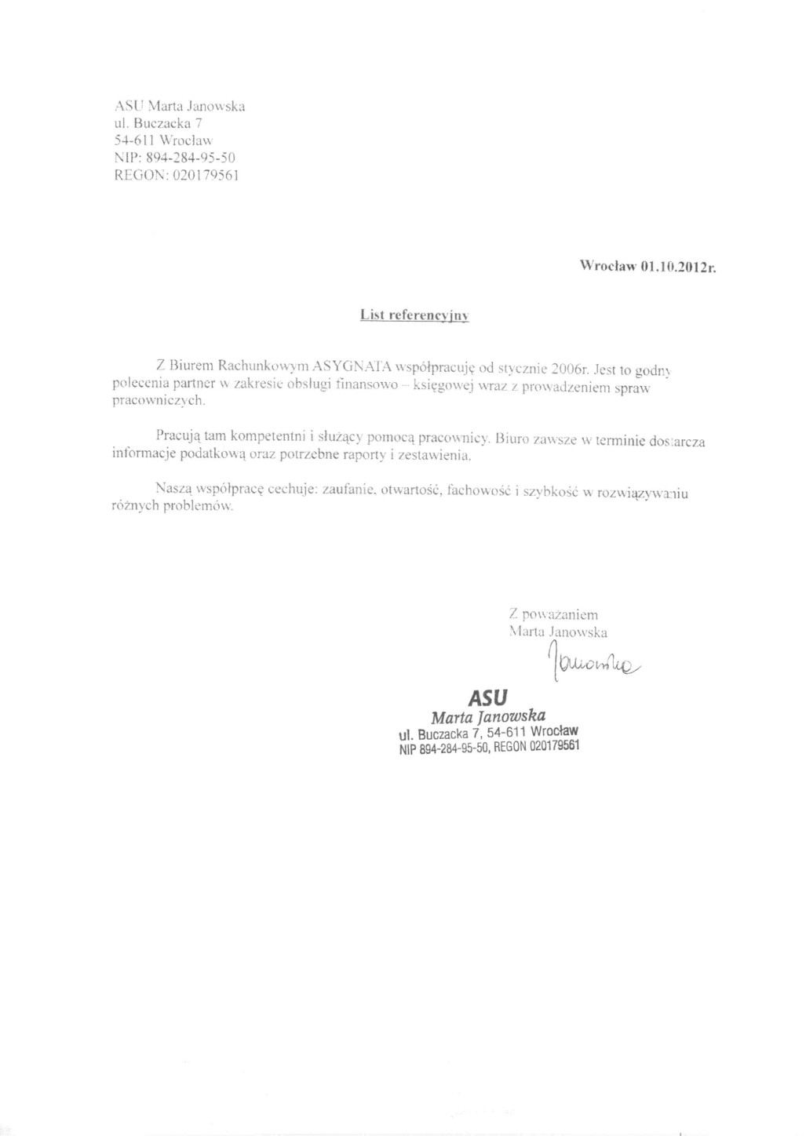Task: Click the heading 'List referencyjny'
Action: (x=414, y=315)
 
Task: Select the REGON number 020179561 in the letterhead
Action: (x=205, y=175)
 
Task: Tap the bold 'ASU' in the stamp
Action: (x=487, y=697)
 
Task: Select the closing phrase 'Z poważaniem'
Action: (x=553, y=614)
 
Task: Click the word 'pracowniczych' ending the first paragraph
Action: (x=159, y=400)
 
